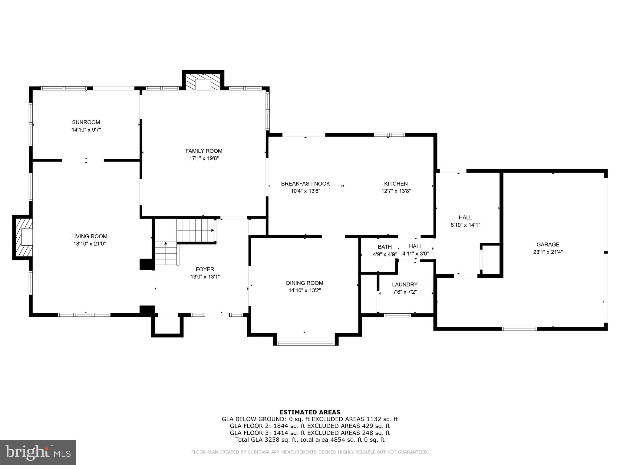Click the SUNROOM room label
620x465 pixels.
(86, 122)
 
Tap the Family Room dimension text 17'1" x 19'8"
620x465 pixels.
(204, 158)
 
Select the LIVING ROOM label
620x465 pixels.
(89, 236)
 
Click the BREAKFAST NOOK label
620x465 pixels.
(305, 184)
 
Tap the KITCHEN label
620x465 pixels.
(396, 184)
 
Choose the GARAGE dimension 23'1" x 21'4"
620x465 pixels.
(548, 252)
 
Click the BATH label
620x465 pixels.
(384, 247)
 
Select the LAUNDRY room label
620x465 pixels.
(404, 285)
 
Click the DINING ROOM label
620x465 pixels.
(305, 283)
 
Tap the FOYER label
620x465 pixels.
(205, 269)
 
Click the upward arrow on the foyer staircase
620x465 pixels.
(166, 243)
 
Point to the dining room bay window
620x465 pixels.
(306, 344)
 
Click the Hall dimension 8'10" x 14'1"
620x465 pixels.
(465, 225)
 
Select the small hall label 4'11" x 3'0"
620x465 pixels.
(415, 254)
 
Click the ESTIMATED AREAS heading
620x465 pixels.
(310, 412)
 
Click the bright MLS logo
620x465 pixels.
(38, 453)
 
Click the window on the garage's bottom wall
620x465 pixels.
(519, 329)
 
